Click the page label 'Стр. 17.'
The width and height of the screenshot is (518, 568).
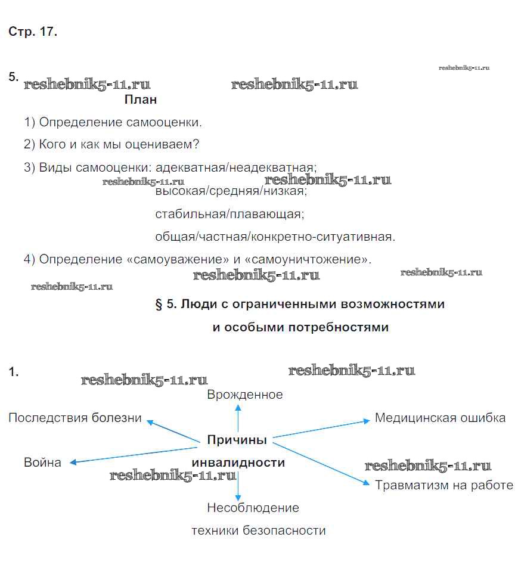(x=33, y=32)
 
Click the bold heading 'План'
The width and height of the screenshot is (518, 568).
(x=141, y=100)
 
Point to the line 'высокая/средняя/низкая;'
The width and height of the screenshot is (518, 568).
(x=231, y=192)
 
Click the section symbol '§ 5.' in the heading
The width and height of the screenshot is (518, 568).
(x=166, y=305)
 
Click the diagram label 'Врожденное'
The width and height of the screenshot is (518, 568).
(x=245, y=395)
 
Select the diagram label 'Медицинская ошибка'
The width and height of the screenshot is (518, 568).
(x=440, y=418)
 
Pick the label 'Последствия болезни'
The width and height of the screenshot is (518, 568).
(x=75, y=418)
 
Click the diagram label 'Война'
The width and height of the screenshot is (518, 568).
(x=42, y=463)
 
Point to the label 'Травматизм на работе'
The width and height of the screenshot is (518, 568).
(x=444, y=485)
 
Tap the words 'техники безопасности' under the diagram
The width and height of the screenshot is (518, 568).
(x=259, y=530)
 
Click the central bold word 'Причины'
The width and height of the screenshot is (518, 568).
(x=237, y=440)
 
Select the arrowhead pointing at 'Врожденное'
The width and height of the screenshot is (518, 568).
(x=238, y=408)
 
